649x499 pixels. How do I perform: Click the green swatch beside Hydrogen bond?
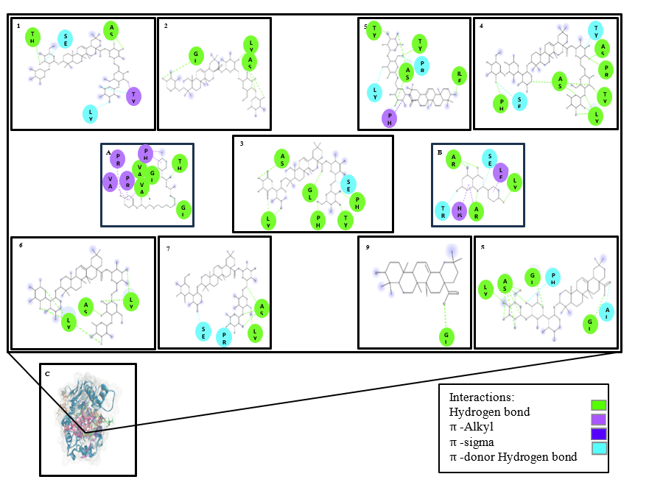598,405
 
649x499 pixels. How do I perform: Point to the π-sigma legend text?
471,442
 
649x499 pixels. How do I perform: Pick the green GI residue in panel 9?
446,337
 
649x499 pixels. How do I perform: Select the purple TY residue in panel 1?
133,96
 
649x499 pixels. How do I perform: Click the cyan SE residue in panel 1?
66,38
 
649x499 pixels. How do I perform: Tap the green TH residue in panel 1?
32,37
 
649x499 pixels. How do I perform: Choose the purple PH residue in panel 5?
389,117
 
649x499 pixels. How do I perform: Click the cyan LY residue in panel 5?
374,93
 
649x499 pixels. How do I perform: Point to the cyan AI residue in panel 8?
606,312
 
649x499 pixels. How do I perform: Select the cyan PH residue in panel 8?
552,277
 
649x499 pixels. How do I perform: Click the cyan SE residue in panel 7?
203,331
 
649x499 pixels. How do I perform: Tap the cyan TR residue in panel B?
442,211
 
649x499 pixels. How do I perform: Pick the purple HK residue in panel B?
459,211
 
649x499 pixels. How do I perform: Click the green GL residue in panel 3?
310,193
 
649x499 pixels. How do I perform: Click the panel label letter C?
48,374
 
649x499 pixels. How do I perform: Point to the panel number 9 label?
367,247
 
